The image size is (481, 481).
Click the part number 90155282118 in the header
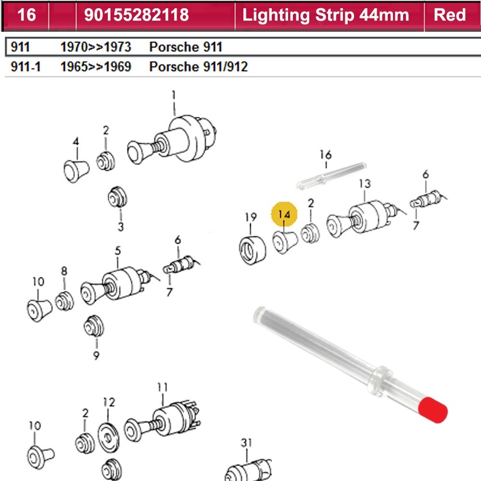[x=136, y=15]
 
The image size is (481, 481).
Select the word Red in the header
[x=450, y=15]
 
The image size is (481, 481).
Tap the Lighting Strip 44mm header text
[x=326, y=15]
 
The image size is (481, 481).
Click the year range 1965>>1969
[x=96, y=66]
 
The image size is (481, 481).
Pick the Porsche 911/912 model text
[x=198, y=66]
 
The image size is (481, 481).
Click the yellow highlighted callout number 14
[x=285, y=215]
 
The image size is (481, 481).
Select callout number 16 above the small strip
[x=326, y=155]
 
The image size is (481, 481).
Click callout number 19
[x=251, y=217]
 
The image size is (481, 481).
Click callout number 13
[x=365, y=183]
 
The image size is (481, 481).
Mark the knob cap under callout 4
[x=76, y=169]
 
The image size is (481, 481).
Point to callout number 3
[x=120, y=227]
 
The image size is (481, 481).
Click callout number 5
[x=118, y=250]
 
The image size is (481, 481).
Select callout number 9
[x=96, y=355]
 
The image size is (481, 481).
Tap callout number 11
[x=162, y=386]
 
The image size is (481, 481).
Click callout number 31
[x=246, y=443]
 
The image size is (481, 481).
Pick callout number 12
[x=109, y=402]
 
